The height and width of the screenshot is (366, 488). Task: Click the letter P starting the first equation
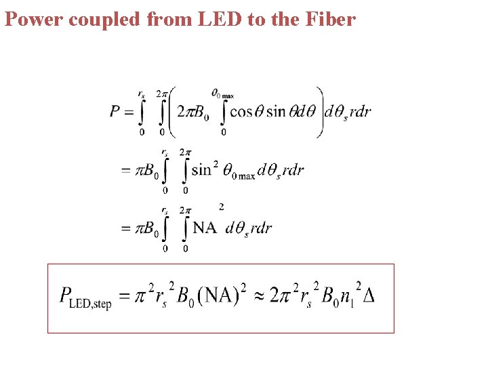(x=116, y=112)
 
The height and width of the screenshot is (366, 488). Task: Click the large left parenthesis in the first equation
(x=171, y=112)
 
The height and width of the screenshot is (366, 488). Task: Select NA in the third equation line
(x=205, y=228)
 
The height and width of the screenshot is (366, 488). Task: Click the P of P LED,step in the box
(x=66, y=295)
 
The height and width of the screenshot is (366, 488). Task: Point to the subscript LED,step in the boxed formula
(x=90, y=303)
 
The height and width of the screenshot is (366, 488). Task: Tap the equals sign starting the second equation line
(x=126, y=170)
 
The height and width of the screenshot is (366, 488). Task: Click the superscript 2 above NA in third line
(x=222, y=207)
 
